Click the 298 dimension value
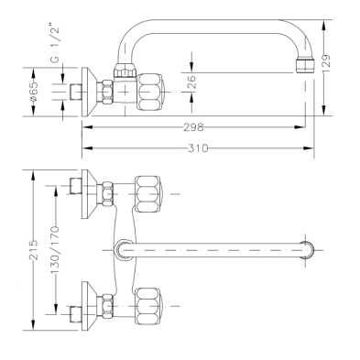click(x=193, y=126)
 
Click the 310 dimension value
click(x=198, y=148)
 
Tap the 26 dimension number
click(x=191, y=82)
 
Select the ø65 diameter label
click(x=34, y=92)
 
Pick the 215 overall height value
click(x=34, y=249)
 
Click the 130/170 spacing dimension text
click(x=55, y=249)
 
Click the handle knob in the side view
click(x=149, y=92)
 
